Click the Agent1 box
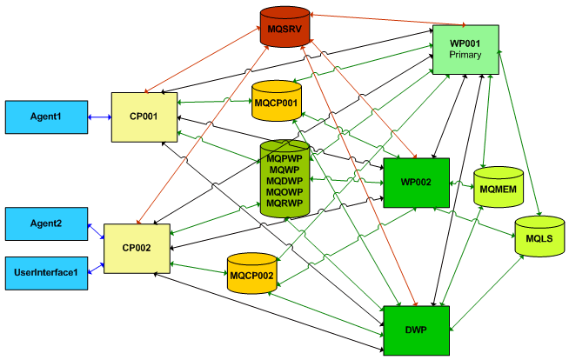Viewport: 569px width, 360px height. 46,117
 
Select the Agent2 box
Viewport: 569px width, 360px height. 46,223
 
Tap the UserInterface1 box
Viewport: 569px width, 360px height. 46,272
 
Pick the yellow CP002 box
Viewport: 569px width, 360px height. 137,248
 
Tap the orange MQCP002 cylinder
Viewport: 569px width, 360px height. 251,276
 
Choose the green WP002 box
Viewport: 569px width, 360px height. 417,183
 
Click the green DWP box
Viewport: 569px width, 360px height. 415,330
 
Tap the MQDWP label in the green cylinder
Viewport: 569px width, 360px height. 284,181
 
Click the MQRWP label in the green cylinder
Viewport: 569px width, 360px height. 284,203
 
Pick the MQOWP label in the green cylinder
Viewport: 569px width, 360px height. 284,191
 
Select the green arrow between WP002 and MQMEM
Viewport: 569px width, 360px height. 461,184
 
